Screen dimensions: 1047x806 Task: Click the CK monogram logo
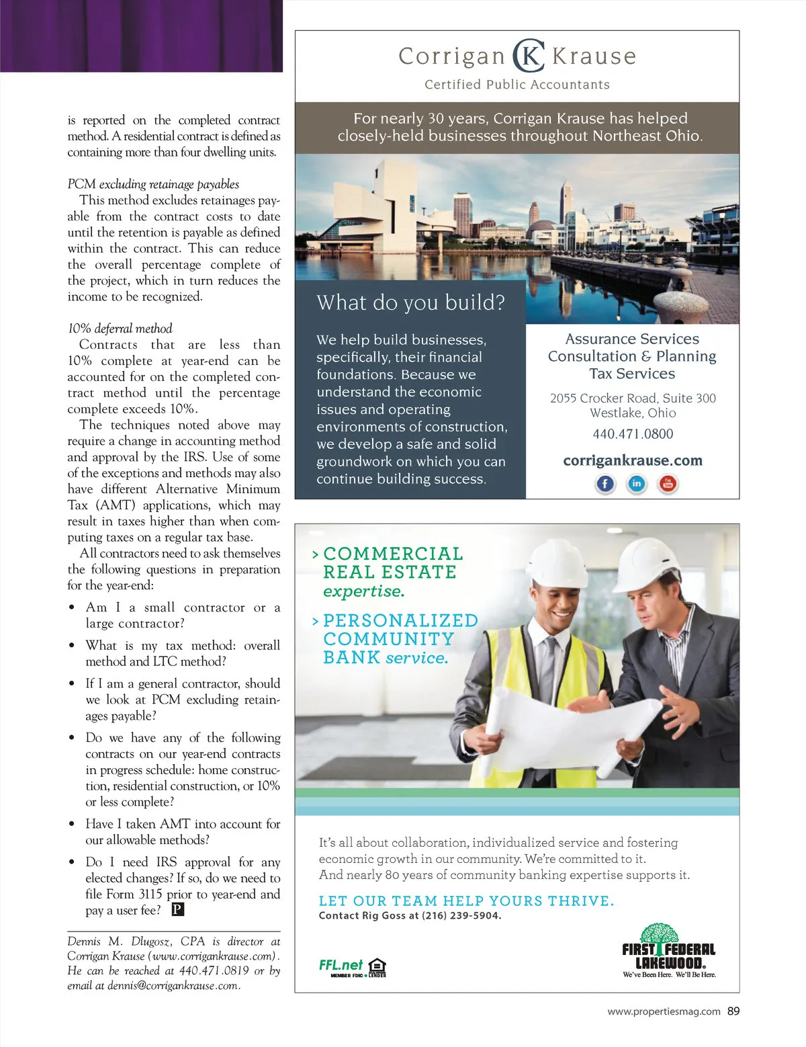point(529,56)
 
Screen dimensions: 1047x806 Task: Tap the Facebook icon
point(605,483)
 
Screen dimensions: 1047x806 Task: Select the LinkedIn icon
point(636,483)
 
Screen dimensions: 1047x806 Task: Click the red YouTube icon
point(668,483)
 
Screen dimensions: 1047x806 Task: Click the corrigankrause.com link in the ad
point(633,460)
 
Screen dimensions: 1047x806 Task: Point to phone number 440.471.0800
point(633,434)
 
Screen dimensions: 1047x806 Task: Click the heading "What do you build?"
point(410,302)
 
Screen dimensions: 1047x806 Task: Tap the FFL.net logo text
point(341,965)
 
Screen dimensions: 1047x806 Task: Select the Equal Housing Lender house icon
point(377,966)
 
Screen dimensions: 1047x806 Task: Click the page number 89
point(733,1011)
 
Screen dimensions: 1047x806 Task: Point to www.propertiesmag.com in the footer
point(664,1011)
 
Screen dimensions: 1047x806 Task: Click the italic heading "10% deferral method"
point(120,329)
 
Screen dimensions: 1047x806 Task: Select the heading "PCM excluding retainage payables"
point(153,184)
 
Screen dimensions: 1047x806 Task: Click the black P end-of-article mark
point(177,909)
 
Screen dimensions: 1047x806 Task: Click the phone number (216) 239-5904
point(461,915)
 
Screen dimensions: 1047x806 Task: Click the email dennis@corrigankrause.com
point(173,986)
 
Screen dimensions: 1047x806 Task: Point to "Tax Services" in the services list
point(632,374)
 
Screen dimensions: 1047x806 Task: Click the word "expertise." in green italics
point(363,591)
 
